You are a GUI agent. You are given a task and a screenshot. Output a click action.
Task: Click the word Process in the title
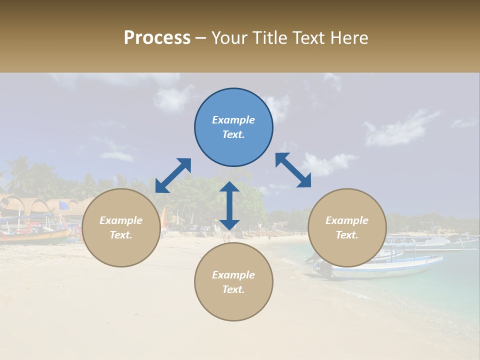pos(157,38)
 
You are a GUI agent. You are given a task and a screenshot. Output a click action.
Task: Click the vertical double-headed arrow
pos(229,205)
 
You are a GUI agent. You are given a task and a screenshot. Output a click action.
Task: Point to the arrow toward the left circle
pos(173,175)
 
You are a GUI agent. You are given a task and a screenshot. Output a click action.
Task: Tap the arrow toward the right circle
pos(293,170)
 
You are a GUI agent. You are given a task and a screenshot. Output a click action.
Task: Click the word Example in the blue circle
pos(233,120)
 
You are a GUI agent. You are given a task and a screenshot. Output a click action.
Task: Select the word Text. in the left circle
pos(121,235)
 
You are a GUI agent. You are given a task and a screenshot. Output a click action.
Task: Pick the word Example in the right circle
pos(347,220)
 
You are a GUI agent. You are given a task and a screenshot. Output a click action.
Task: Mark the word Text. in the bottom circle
pos(233,289)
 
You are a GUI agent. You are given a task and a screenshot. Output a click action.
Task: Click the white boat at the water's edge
pos(385,267)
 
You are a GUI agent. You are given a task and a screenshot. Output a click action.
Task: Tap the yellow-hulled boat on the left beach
pos(35,235)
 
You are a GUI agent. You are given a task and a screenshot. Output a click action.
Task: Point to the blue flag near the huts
pos(64,205)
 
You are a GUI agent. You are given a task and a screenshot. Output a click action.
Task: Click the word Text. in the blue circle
pos(233,134)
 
